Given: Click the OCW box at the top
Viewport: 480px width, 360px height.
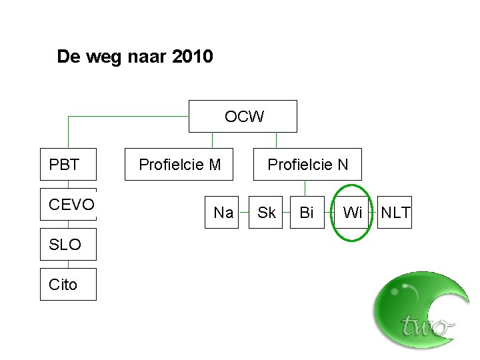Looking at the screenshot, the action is [x=243, y=117].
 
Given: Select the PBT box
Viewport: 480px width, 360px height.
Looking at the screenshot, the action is [x=68, y=164].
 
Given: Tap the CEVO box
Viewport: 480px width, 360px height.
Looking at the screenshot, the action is [x=68, y=205].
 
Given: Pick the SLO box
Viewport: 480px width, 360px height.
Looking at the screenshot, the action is [x=68, y=245].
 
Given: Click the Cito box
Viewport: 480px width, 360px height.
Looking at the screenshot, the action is [x=68, y=285].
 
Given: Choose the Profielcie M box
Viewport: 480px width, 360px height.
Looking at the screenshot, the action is [x=179, y=164].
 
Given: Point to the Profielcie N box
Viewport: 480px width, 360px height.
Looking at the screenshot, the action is [x=307, y=164].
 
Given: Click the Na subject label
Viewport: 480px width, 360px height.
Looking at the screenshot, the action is [x=223, y=213].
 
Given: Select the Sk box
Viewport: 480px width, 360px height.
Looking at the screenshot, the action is [x=267, y=213].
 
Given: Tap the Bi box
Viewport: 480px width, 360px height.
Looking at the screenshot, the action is [x=307, y=213].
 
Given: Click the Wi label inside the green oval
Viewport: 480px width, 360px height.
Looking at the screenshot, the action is [x=352, y=213].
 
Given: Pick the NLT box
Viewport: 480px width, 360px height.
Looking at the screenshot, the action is [x=395, y=213].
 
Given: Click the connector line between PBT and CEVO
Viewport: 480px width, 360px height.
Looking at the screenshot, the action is [x=68, y=184].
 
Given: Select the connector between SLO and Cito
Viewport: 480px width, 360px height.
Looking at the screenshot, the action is [x=68, y=264].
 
